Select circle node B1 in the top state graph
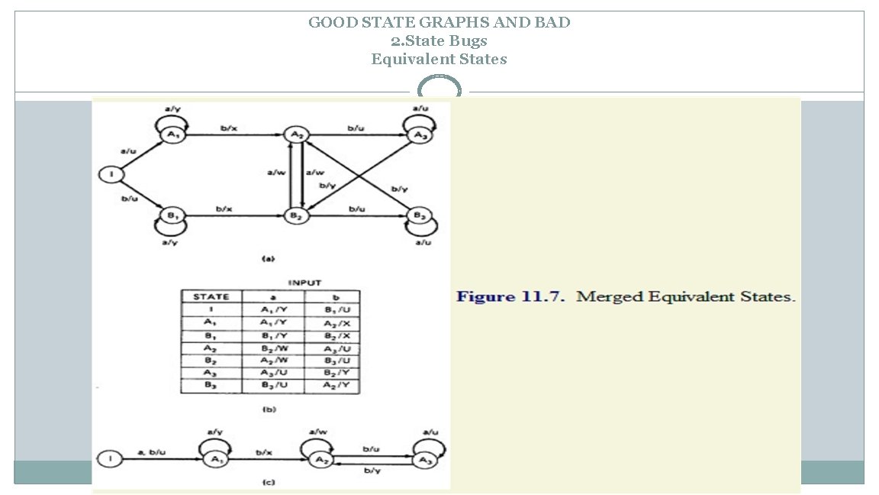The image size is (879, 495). [x=172, y=216]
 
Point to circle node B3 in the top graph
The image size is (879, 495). [x=418, y=215]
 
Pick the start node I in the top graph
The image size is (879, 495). [x=111, y=175]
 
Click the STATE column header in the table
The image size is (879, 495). [x=211, y=296]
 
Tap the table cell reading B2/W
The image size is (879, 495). [x=272, y=349]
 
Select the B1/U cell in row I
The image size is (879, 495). [x=332, y=309]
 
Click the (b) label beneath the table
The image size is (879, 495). [x=269, y=409]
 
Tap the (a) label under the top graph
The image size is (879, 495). [x=269, y=259]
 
